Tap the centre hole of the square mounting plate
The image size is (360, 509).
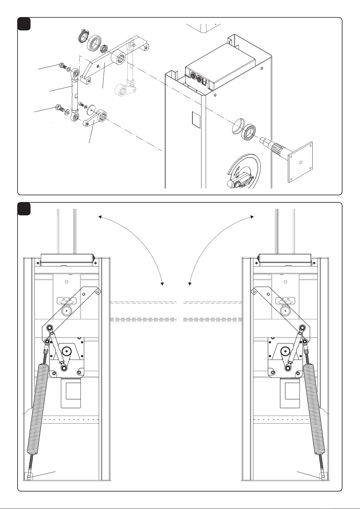[x=300, y=162]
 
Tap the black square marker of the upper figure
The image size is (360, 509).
[x=24, y=24]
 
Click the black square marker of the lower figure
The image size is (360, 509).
[x=24, y=208]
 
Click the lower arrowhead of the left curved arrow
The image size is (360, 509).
[x=162, y=284]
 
